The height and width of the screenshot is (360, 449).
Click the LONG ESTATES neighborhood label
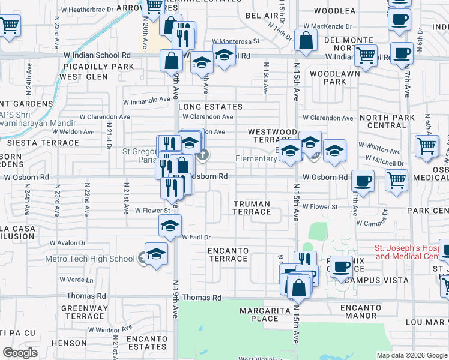(210, 107)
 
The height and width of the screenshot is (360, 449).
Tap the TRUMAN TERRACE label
(252, 208)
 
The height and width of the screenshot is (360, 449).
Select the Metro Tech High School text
(90, 259)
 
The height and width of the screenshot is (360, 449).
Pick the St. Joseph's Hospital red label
(411, 252)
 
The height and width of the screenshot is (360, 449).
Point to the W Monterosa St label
(235, 41)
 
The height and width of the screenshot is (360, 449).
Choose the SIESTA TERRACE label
(43, 143)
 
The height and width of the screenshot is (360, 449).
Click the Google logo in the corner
(20, 353)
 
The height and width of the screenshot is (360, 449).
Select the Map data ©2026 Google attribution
(412, 355)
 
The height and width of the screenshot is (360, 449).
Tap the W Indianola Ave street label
(146, 100)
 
